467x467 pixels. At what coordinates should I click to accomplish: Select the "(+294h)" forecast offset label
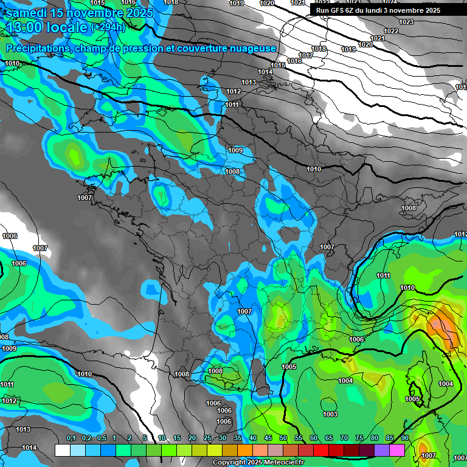tap(108, 27)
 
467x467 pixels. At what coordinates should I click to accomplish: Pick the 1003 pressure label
tap(330, 414)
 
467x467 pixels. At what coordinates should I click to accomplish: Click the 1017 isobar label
tap(306, 55)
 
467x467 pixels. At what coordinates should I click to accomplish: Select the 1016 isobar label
tap(294, 61)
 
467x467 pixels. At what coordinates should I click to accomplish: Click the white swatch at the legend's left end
tap(62, 450)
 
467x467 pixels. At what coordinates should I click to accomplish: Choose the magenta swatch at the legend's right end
tap(397, 450)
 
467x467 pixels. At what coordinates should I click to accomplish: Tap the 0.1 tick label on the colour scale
tap(71, 438)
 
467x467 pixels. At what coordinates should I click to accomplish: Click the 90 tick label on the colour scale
tap(404, 438)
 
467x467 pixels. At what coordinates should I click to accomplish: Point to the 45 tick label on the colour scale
tap(268, 438)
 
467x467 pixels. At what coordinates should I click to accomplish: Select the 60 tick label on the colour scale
tap(314, 438)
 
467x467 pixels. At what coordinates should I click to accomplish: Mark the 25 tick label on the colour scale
tap(207, 438)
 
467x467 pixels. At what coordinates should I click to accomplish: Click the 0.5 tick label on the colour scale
tap(101, 438)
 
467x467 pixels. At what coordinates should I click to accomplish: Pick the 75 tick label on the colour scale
tap(359, 438)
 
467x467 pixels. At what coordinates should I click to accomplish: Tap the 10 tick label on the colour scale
tap(162, 438)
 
